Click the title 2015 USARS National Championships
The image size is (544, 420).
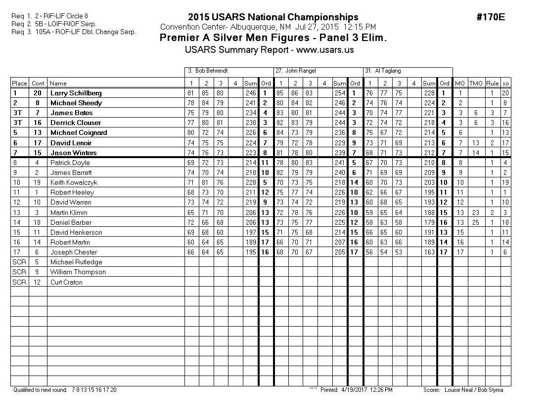[273, 17]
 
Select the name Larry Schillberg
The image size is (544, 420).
[76, 93]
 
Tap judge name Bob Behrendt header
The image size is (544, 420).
[208, 71]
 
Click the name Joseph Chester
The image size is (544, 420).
[74, 252]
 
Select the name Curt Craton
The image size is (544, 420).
[66, 283]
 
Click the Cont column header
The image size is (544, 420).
[38, 84]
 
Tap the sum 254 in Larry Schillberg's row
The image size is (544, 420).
[339, 93]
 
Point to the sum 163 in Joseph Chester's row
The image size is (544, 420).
[429, 252]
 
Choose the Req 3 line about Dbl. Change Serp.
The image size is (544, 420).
[74, 32]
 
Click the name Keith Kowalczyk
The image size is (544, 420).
[74, 183]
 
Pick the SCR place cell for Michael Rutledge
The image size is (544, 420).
[19, 262]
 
